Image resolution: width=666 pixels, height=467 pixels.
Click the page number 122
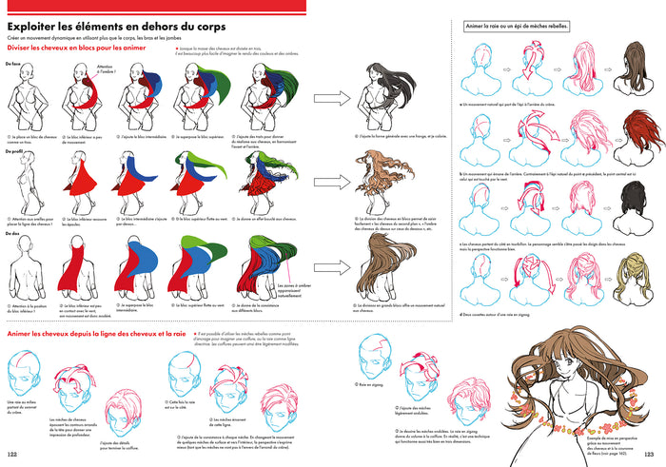12,454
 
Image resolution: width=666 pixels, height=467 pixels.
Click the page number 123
653,454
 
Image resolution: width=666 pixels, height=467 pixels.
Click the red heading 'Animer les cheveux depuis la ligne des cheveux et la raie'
95,334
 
